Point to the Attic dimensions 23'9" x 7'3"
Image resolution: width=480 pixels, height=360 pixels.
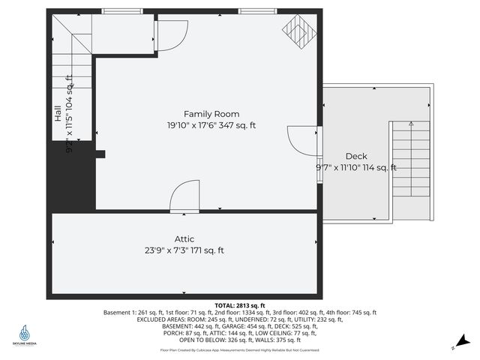pos(184,250)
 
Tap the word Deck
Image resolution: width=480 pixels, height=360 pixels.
pos(334,157)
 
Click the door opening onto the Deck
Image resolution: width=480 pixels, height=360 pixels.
pos(301,141)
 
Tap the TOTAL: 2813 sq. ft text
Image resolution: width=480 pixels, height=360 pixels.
pos(240,306)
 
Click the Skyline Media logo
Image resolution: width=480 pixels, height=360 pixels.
pos(25,334)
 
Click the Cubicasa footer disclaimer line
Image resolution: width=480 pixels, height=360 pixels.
pos(239,349)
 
